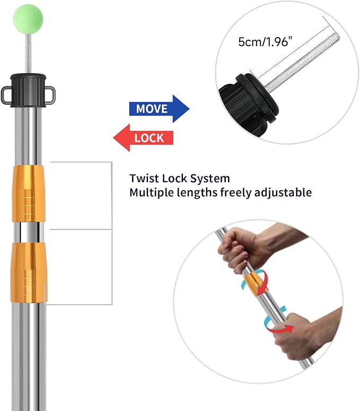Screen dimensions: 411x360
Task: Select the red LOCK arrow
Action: coord(144,138)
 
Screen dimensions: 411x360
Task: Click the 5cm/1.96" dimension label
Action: coord(265,42)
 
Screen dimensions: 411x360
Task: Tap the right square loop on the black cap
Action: coord(52,94)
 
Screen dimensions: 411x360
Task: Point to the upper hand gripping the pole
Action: coord(241,248)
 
